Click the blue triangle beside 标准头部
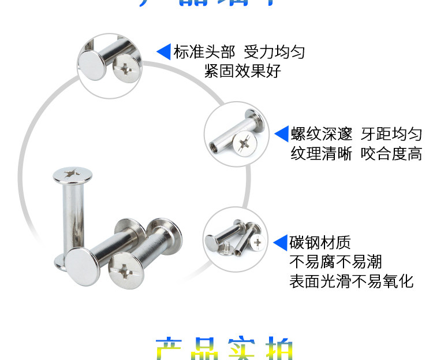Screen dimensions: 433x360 tap(164, 52)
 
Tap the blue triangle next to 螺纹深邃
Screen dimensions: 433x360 tap(281, 134)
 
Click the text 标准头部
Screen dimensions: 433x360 tap(204, 52)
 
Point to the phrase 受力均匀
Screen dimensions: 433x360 tap(274, 52)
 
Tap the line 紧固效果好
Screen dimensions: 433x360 tap(242, 71)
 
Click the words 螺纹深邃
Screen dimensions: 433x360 tap(322, 134)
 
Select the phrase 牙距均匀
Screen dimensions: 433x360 tap(391, 134)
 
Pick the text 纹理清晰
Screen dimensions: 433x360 tap(321, 154)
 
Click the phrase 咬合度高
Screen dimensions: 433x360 tap(391, 154)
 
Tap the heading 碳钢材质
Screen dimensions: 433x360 tap(320, 243)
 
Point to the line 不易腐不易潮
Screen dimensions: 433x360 tap(335, 262)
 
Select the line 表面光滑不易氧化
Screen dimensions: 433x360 tap(351, 281)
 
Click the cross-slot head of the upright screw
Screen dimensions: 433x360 tap(73, 173)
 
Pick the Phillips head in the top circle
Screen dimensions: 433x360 tap(126, 71)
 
